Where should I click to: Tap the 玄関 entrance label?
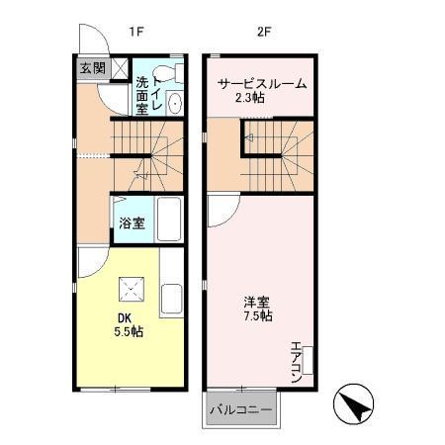coord(92,67)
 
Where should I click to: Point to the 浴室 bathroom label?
coord(133,222)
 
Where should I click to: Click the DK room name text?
coord(125,317)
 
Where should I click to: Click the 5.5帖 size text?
coord(129,332)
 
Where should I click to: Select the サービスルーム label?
coord(262,83)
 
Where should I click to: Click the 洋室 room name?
coord(258,302)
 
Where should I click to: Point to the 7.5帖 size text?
coord(260,316)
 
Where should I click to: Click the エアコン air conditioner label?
coord(296,361)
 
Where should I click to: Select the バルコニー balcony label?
coord(240,408)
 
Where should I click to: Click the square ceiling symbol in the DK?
coord(130,289)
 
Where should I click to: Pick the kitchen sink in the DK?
coord(170,297)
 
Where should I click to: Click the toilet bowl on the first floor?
coord(174,75)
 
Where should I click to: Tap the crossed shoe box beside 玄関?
coord(119,67)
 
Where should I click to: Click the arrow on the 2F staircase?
coord(249,139)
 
